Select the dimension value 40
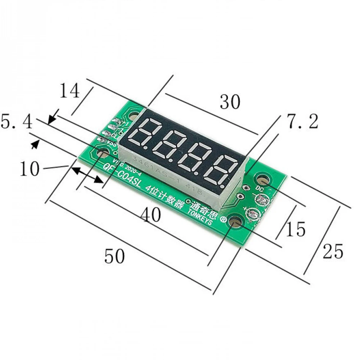(150, 215)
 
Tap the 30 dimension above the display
(230, 102)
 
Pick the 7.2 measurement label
(302, 122)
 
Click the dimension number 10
(29, 169)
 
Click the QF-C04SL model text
(123, 176)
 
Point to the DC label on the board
(260, 188)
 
